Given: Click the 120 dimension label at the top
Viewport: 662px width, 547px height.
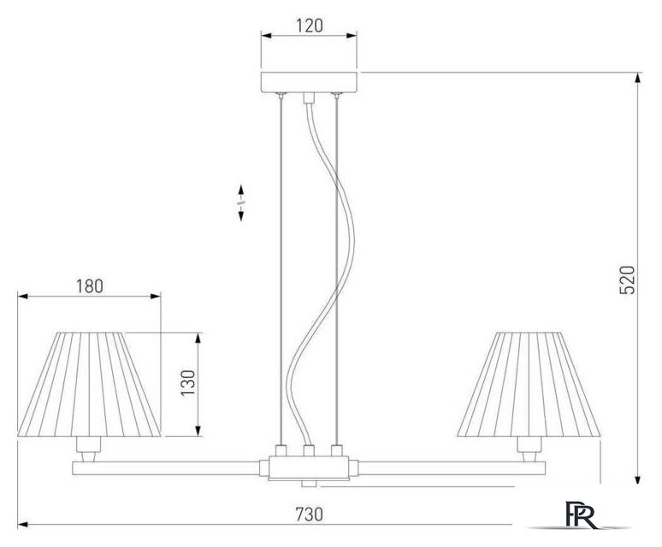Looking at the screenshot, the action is pos(310,26).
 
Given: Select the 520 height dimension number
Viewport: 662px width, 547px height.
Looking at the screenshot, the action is pos(627,280).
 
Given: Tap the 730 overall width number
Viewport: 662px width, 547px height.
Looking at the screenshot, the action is pos(309,515).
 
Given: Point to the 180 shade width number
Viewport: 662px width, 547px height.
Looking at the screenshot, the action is pos(90,286).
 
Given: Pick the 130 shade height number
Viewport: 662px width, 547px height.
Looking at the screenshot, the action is pos(188,383).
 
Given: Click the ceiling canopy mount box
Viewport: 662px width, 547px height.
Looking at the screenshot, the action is pos(309,82).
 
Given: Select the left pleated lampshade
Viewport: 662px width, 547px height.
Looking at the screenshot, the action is pos(89,385).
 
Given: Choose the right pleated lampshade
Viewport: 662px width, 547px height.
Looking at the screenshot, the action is pos(529,385).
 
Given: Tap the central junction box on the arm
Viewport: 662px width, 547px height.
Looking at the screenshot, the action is pos(309,468).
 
